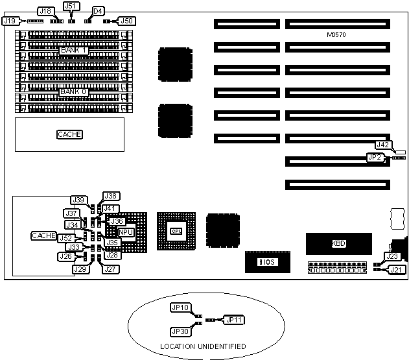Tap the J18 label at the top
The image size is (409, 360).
click(x=45, y=11)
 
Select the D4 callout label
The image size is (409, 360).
click(x=98, y=11)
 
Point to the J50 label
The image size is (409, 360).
click(x=127, y=21)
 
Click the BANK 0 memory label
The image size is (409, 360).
click(x=73, y=92)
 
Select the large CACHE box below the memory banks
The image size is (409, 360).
click(x=70, y=134)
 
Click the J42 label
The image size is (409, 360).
click(x=383, y=145)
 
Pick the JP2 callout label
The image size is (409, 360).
click(x=374, y=156)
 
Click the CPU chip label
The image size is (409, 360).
click(x=176, y=231)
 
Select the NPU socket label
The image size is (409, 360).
click(x=126, y=232)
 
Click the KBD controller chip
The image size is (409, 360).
click(x=338, y=243)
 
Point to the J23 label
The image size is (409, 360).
click(x=391, y=257)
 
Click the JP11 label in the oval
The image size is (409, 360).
click(x=233, y=320)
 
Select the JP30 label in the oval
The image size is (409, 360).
click(x=180, y=331)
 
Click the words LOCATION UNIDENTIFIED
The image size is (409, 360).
click(x=203, y=347)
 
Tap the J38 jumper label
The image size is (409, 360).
click(x=111, y=196)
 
